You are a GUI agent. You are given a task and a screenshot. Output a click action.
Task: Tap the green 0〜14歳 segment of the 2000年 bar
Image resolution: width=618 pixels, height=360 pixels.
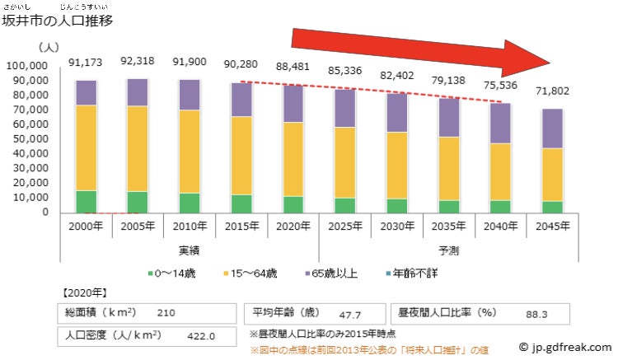pyautogui.click(x=87, y=202)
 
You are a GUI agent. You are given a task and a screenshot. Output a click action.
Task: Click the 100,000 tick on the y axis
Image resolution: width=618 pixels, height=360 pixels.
pyautogui.click(x=27, y=65)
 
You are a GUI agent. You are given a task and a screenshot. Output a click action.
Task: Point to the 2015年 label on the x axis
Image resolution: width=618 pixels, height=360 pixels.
pyautogui.click(x=241, y=226)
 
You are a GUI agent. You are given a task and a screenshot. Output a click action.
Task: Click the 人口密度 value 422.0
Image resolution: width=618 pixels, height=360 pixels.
pyautogui.click(x=203, y=335)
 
